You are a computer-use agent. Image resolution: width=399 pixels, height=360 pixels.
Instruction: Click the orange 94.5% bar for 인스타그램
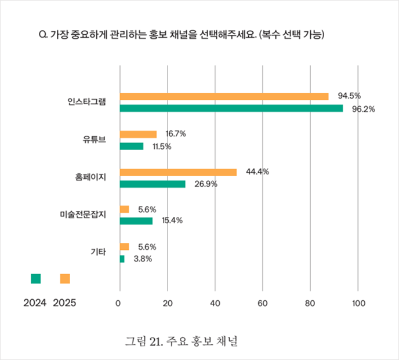(x=224, y=96)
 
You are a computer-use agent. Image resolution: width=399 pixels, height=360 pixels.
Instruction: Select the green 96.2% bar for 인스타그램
(x=231, y=108)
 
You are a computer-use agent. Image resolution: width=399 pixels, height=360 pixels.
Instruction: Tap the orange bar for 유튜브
(x=138, y=134)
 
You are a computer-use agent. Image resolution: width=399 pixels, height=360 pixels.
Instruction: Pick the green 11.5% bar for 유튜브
(x=132, y=146)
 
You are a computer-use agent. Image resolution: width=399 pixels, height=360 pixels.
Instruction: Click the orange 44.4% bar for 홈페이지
(x=178, y=172)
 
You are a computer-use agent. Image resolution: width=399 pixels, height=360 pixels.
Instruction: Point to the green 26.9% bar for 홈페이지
(x=153, y=184)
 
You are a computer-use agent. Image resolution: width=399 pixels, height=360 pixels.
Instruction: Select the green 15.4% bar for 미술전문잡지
(x=136, y=221)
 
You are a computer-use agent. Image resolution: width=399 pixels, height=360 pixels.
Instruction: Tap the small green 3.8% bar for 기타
(x=122, y=259)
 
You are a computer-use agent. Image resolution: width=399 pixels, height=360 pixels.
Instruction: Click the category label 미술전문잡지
(x=84, y=214)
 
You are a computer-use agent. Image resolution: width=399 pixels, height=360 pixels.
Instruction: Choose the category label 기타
(x=98, y=252)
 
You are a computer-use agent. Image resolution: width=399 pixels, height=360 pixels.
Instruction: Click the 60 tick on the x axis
(x=262, y=302)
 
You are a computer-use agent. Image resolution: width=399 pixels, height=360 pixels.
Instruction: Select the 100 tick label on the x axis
(x=358, y=302)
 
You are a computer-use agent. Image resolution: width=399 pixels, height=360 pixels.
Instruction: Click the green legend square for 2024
(x=36, y=279)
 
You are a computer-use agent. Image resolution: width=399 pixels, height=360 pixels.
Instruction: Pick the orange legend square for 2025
(x=65, y=279)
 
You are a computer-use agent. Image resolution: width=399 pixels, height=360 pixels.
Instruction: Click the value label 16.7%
(x=175, y=134)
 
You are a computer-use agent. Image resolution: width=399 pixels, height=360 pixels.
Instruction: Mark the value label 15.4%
(x=172, y=221)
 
